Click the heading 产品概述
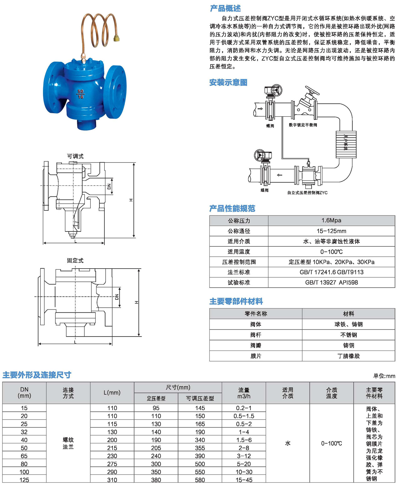coord(225,8)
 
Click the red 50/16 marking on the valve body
coord(81,94)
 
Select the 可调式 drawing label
coord(75,156)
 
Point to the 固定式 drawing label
coord(75,260)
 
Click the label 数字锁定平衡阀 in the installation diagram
coord(303,125)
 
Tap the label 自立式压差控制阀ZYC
coord(307,193)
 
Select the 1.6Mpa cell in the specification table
coord(331,220)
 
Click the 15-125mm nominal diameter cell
coord(331,231)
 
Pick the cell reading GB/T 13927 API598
coord(331,282)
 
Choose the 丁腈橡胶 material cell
coord(349,356)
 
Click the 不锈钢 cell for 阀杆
coord(349,335)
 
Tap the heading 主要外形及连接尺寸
coord(37,375)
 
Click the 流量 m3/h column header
coord(244,393)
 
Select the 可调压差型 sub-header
coord(200,398)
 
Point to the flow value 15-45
coord(244,480)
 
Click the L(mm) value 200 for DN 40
coord(112,440)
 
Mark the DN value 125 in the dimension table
coord(24,480)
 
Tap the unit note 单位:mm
coord(384,376)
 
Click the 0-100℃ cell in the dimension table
coord(331,443)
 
